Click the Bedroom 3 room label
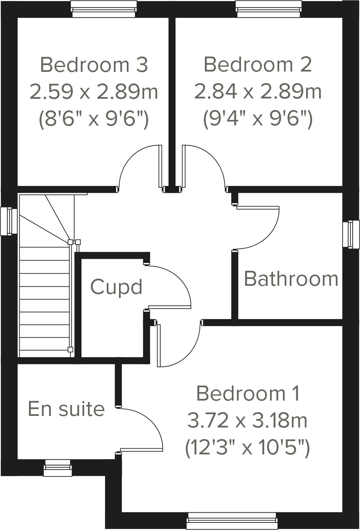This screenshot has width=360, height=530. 94,65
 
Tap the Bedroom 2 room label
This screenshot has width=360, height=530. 258,65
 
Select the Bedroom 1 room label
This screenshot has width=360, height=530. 248,393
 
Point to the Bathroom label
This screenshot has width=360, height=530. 291,279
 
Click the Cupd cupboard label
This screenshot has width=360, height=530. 116,287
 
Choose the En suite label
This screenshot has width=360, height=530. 66,409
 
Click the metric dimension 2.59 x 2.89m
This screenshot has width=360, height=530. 94,92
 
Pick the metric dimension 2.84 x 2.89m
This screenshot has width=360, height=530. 258,92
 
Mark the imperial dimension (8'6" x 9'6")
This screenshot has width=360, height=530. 94,119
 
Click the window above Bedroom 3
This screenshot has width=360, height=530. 104,9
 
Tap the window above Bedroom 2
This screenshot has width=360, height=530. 269,9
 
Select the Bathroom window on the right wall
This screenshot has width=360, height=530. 351,234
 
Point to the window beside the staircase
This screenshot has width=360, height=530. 9,221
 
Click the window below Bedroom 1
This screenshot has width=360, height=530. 232,521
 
